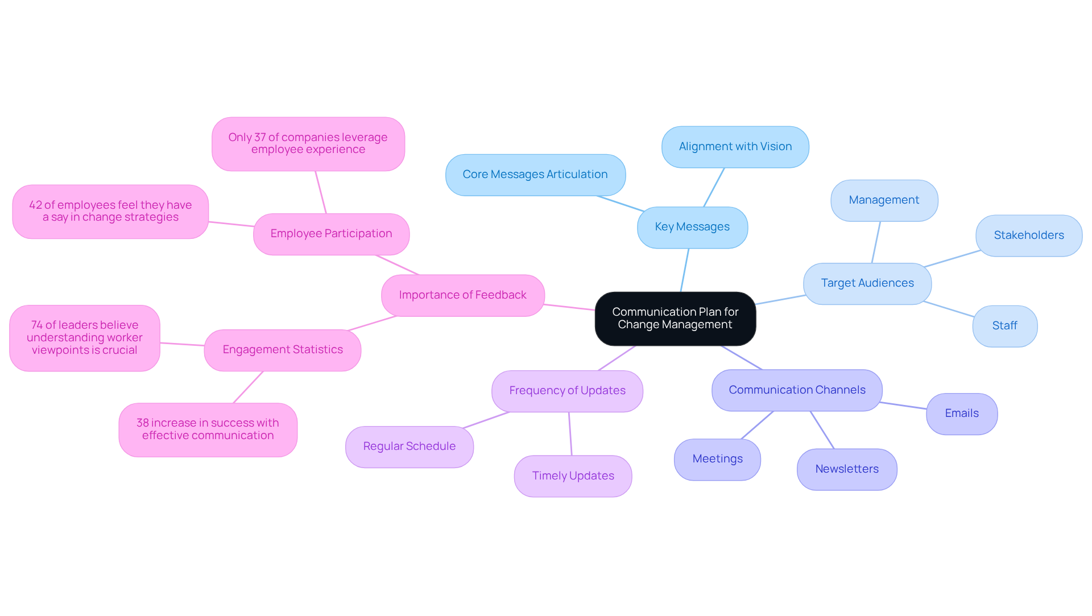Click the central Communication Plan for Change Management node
[x=675, y=319]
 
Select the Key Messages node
[x=692, y=227]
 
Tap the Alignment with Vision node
[x=735, y=147]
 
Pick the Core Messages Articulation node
[x=535, y=175]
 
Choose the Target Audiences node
[x=867, y=283]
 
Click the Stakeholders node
[x=1028, y=235]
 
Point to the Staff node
[x=1004, y=326]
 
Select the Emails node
[x=961, y=414]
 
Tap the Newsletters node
[x=846, y=469]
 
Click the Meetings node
[x=717, y=459]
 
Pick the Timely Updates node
[x=573, y=476]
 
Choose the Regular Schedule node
[x=409, y=447]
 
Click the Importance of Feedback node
[x=462, y=295]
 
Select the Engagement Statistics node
[x=282, y=350]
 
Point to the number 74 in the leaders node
[x=37, y=325]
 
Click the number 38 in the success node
[x=142, y=423]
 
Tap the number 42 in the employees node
[x=35, y=205]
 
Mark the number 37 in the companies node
[x=260, y=138]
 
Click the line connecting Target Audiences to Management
[x=876, y=242]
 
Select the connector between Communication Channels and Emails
[x=903, y=406]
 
